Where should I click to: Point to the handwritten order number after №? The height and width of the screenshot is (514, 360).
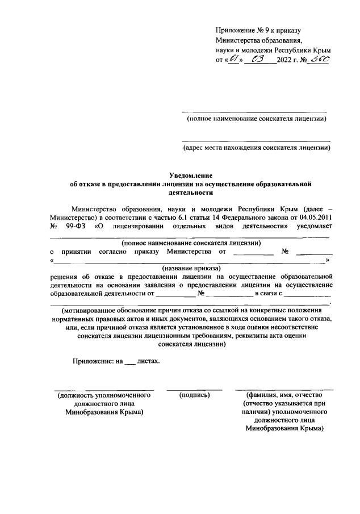pyautogui.click(x=315, y=61)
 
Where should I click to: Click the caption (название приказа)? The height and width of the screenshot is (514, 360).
pyautogui.click(x=191, y=268)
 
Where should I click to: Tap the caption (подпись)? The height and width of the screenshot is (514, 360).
pyautogui.click(x=194, y=395)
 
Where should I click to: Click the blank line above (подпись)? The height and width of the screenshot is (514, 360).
pyautogui.click(x=194, y=388)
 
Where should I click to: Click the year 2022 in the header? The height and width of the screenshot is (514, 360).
pyautogui.click(x=285, y=61)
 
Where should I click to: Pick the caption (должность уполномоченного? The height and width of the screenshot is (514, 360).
pyautogui.click(x=104, y=395)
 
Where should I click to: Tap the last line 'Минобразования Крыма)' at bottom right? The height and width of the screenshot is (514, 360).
pyautogui.click(x=284, y=429)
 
